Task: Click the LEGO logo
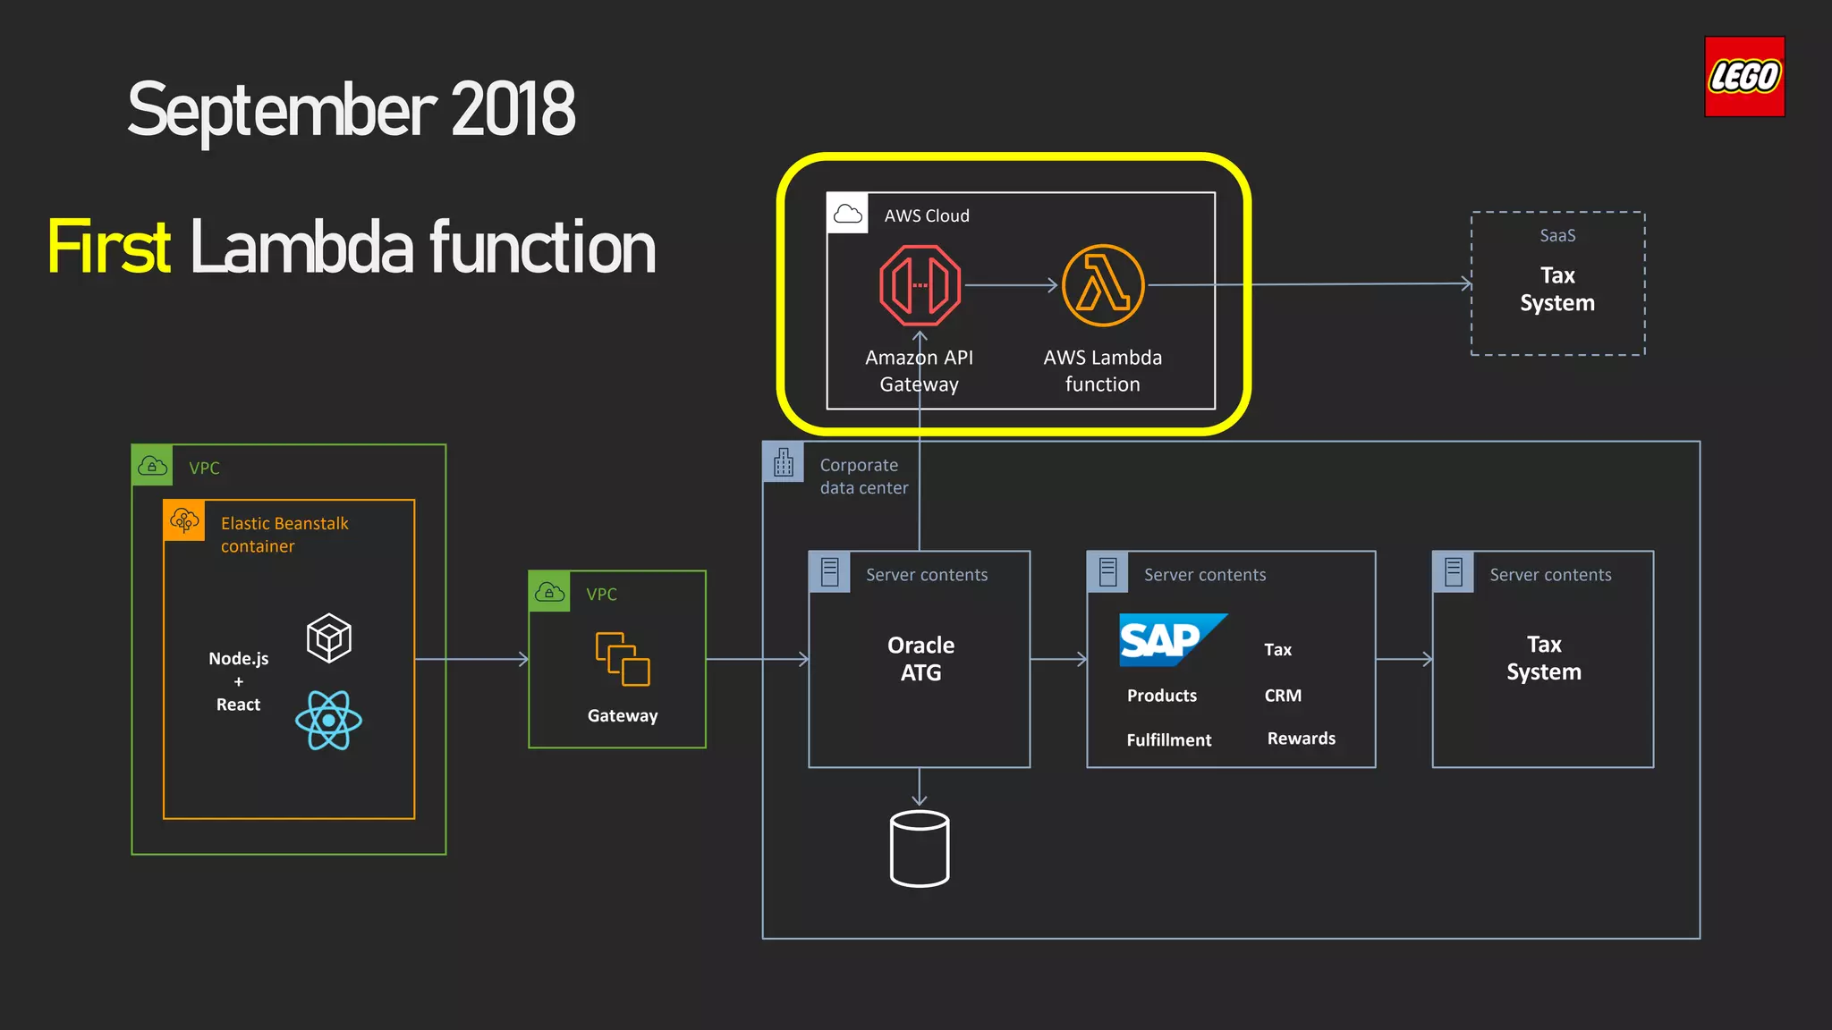1743,77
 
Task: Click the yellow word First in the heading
109,248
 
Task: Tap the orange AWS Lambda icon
1102,286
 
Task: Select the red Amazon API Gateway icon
920,286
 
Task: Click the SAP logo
1168,639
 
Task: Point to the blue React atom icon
328,720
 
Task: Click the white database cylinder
920,848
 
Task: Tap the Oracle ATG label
920,659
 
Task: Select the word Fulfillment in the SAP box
1168,740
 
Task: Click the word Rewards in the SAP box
1301,739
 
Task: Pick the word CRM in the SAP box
1283,696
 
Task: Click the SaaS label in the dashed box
1557,236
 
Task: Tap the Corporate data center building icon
784,462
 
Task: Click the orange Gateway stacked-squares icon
623,660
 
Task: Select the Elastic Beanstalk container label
284,535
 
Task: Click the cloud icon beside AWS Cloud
847,214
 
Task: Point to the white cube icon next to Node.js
328,637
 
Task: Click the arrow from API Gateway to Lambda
1011,286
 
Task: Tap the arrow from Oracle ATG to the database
920,788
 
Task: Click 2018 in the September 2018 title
513,110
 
